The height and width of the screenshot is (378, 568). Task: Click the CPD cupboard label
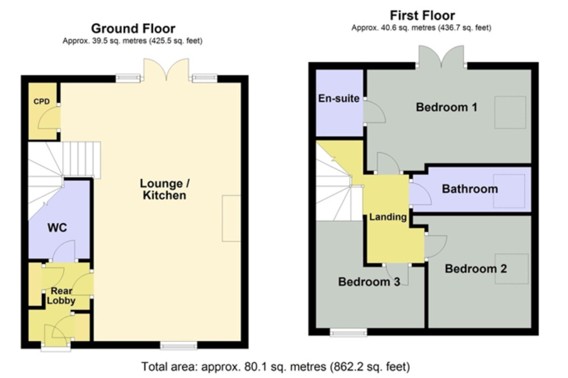click(42, 102)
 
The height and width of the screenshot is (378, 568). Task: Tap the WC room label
click(57, 228)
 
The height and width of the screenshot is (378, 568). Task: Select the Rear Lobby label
click(61, 296)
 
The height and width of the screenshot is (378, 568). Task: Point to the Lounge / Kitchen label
click(164, 189)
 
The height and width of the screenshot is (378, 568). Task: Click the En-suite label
click(339, 98)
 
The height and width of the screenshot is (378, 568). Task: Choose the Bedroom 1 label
click(447, 107)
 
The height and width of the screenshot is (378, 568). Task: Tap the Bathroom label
click(470, 189)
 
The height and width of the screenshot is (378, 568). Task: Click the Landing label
click(388, 217)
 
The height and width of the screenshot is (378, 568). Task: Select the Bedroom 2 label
click(476, 269)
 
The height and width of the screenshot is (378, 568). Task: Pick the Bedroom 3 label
click(369, 282)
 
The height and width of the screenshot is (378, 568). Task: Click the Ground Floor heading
click(133, 29)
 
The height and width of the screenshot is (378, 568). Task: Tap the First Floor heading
click(422, 16)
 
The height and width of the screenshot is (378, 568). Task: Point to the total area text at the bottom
click(276, 367)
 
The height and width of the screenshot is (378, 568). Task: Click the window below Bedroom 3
click(348, 332)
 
